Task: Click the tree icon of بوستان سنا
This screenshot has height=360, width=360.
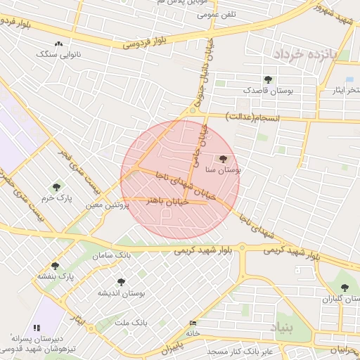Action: click(224, 159)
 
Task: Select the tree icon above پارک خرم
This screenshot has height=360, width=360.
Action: click(57, 186)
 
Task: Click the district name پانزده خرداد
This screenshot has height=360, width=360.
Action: click(306, 54)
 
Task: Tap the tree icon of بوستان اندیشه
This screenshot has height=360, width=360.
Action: click(121, 281)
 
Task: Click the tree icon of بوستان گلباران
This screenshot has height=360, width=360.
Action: click(345, 287)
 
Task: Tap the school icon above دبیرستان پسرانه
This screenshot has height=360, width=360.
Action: click(37, 328)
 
